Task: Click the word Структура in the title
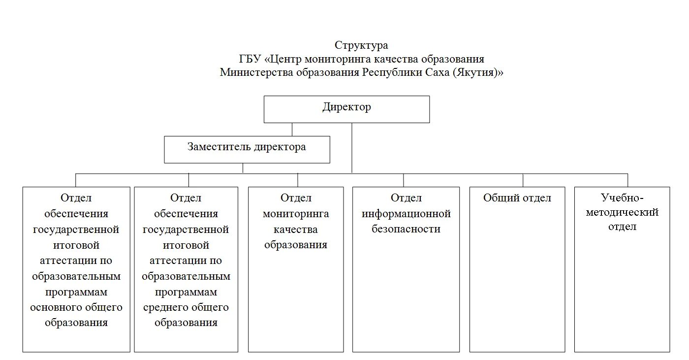pos(361,46)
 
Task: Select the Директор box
pos(346,109)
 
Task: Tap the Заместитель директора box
pos(247,149)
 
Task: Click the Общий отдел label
pos(517,198)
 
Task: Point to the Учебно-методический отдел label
pos(622,212)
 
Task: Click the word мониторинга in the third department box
pos(296,214)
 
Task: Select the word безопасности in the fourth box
pos(406,229)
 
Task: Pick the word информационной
pos(406,214)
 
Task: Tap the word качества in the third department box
pos(296,229)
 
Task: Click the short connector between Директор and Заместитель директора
pos(292,129)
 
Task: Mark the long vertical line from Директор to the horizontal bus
pos(352,148)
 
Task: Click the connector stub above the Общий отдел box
pos(523,180)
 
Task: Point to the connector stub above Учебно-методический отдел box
pos(627,180)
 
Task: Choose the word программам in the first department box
pos(76,292)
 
